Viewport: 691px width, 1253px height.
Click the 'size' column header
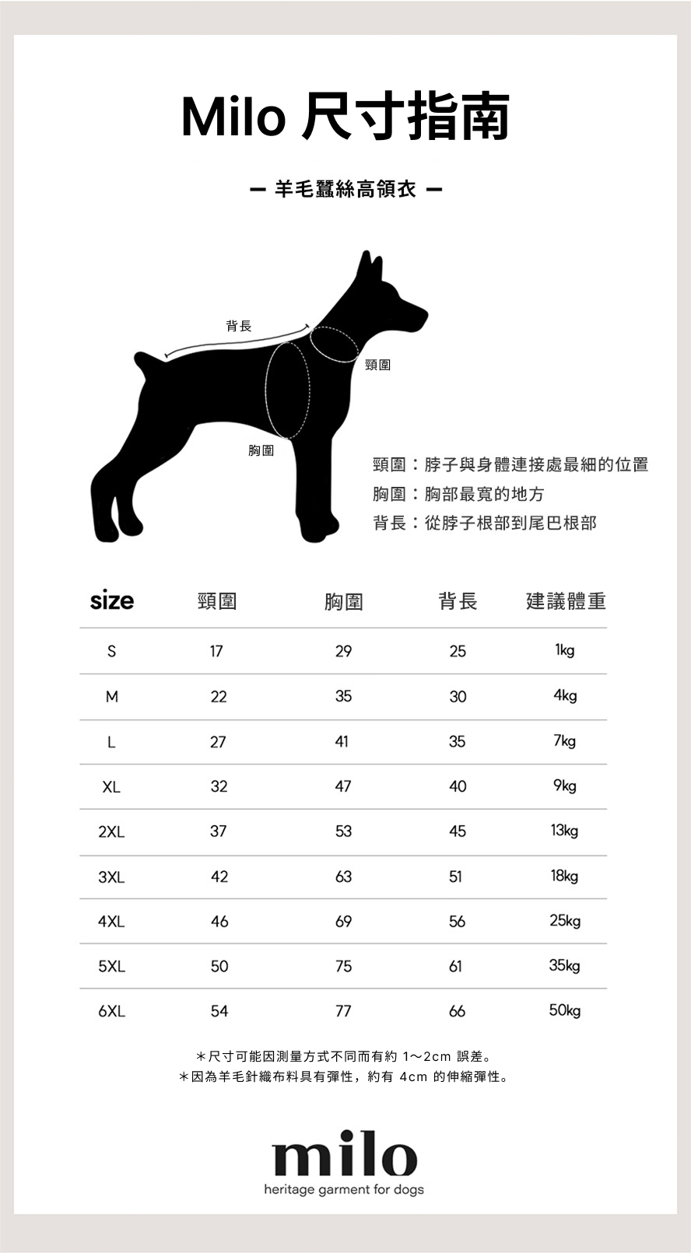[x=111, y=600]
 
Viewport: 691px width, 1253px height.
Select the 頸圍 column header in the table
[x=217, y=601]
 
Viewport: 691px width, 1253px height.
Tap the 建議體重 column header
[x=566, y=601]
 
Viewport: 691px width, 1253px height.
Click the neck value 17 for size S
[x=216, y=651]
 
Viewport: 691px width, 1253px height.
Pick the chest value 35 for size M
[x=343, y=696]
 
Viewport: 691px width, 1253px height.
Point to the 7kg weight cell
[x=565, y=740]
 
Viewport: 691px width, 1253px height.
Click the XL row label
[x=111, y=786]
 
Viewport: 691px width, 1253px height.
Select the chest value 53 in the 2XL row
[x=343, y=831]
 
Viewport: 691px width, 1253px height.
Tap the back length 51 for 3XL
[x=456, y=877]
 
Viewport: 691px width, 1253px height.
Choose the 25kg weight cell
[x=565, y=921]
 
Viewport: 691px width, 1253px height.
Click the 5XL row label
[x=111, y=967]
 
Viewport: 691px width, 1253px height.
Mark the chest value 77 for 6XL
[x=343, y=1011]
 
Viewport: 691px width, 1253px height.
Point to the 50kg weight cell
[x=565, y=1010]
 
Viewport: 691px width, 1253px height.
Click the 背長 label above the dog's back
[x=239, y=326]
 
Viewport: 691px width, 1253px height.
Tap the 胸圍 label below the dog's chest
[x=261, y=450]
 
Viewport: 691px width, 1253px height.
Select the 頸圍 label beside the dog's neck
[x=377, y=365]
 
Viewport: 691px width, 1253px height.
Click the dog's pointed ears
[x=369, y=268]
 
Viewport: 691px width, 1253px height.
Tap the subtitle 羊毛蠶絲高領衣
[x=345, y=189]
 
